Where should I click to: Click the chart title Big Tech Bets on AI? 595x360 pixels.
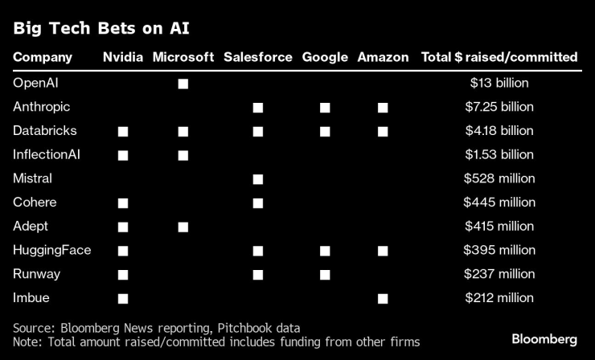pos(101,29)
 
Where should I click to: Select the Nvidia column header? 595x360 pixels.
pos(122,57)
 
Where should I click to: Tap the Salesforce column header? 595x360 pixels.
pos(258,57)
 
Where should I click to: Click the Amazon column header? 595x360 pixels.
pos(383,57)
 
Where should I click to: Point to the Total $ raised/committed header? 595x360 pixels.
pos(499,57)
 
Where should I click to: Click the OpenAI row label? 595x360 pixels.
pos(35,83)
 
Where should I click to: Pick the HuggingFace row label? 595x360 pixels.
pos(51,250)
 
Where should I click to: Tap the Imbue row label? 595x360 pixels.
pos(31,297)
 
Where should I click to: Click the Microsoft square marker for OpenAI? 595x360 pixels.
pos(183,84)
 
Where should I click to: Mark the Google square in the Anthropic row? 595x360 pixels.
pos(325,108)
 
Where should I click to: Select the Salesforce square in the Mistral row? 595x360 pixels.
pos(258,179)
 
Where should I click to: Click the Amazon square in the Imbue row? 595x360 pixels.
pos(383,298)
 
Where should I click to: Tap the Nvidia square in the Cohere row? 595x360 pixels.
pos(123,203)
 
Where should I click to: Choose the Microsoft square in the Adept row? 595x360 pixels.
pos(183,227)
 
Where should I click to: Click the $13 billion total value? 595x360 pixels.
pos(499,83)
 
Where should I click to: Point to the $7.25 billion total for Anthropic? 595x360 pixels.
pos(499,107)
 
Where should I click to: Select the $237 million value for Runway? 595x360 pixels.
pos(499,274)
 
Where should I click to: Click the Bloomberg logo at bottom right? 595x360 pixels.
pos(544,337)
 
